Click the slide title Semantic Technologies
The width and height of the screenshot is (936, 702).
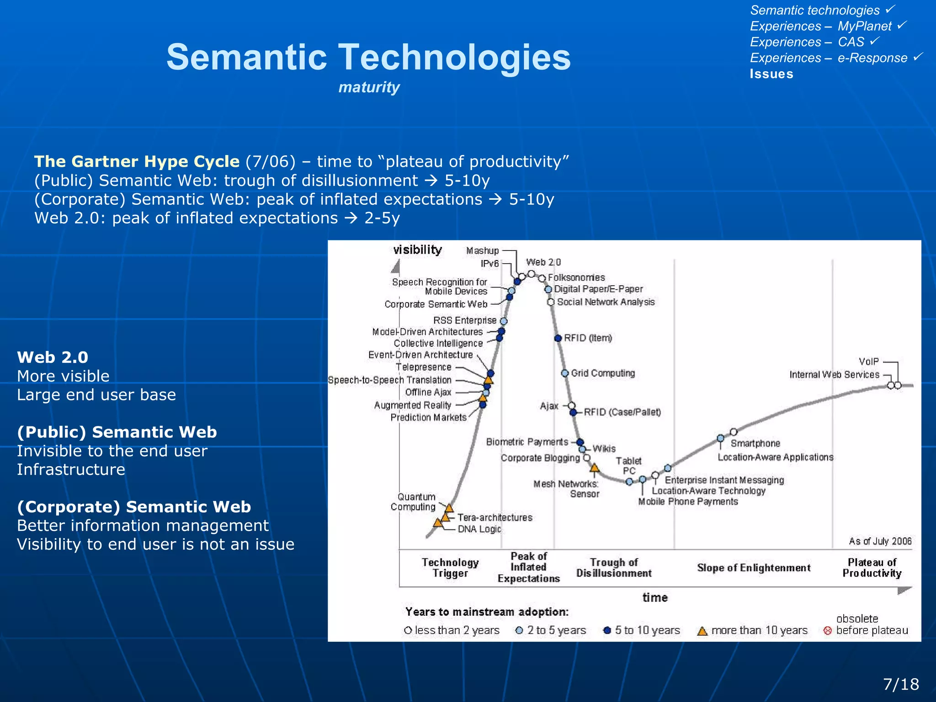coord(368,57)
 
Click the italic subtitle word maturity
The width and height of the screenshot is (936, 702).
coord(369,87)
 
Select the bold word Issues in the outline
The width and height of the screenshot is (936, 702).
coord(771,74)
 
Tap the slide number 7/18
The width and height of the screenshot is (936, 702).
coord(901,684)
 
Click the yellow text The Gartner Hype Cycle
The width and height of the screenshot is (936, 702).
coord(137,161)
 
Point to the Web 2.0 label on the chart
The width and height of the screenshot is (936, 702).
coord(543,262)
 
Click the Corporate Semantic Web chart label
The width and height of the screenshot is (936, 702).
coord(436,304)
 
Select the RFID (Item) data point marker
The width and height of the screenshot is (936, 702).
coord(558,338)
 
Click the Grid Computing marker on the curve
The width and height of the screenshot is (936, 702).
coord(565,373)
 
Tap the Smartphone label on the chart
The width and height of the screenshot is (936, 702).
coord(755,443)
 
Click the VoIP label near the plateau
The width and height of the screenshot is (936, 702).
coord(868,362)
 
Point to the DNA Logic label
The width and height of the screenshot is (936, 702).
coord(479,529)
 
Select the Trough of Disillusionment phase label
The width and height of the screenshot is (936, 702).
coord(614,568)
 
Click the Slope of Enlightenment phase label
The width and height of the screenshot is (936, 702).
coord(754,568)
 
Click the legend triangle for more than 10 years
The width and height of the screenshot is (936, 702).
coord(702,632)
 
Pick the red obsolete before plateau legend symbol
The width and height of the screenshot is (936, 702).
coord(827,631)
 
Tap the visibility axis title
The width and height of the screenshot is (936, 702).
coord(417,250)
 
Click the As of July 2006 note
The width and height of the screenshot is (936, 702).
coord(880,542)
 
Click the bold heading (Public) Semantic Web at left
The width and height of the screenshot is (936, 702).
coord(117,432)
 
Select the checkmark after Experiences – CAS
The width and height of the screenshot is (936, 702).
coord(874,41)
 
